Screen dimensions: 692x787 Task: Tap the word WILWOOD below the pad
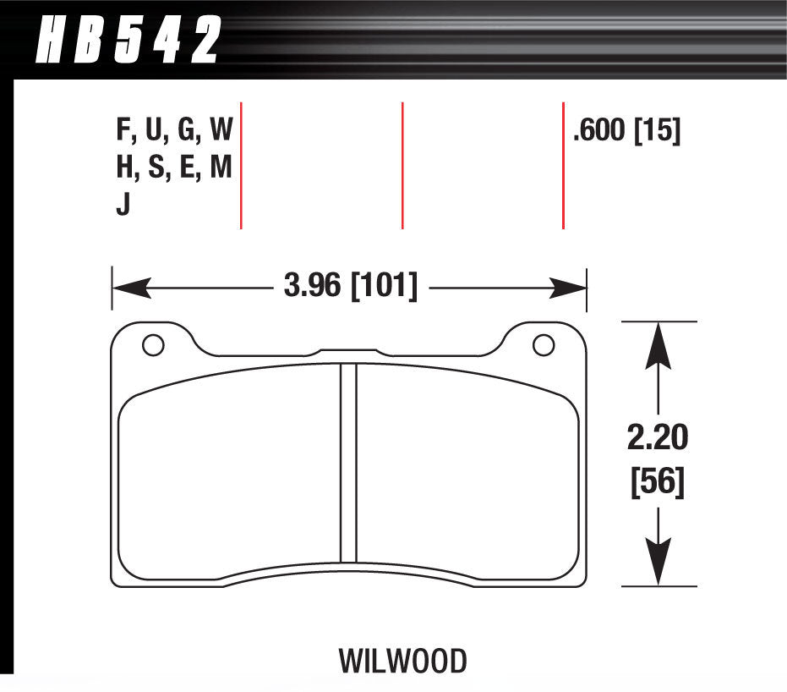click(402, 661)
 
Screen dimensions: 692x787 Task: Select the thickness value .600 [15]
click(626, 131)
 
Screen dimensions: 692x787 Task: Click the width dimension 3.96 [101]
click(350, 287)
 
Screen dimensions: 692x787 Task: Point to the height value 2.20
click(657, 438)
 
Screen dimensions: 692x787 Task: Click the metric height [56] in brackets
click(657, 483)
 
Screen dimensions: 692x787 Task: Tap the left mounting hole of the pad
click(152, 345)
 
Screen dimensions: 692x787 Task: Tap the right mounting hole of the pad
click(544, 345)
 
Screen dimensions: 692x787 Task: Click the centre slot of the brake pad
click(348, 463)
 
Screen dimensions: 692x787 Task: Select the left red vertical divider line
click(242, 165)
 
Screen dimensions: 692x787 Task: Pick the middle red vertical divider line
click(402, 165)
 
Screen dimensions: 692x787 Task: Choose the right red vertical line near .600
click(563, 165)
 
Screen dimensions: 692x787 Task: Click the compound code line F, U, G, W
click(174, 131)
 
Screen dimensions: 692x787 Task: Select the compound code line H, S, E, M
click(174, 168)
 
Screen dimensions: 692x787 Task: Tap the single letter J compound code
click(123, 206)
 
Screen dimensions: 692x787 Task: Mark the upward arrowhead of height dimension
click(658, 342)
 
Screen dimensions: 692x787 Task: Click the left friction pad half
click(228, 474)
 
